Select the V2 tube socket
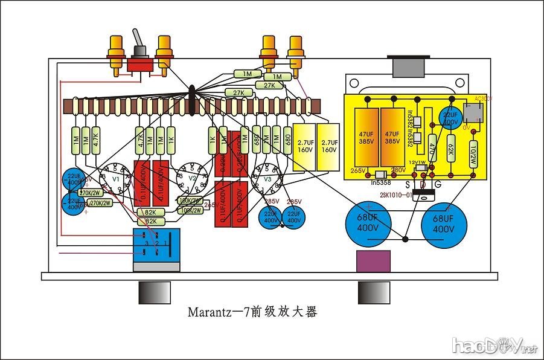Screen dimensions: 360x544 pos(191,179)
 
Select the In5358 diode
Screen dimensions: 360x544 pos(380,175)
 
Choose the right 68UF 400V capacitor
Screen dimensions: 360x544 pos(444,225)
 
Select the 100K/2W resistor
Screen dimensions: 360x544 pos(191,210)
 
